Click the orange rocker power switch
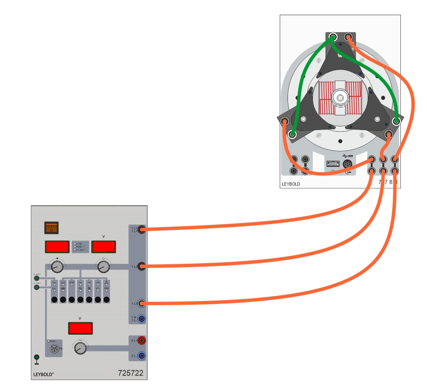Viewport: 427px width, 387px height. (x=52, y=227)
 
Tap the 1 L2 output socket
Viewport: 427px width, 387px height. (x=142, y=266)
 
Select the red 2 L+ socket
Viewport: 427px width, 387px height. (x=142, y=340)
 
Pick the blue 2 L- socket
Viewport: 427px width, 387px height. (x=142, y=355)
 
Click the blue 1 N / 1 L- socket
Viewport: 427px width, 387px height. (x=142, y=318)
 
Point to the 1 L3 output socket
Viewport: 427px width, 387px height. (x=142, y=303)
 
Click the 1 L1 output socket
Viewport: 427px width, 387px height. (x=142, y=229)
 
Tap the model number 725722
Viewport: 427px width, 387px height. (x=130, y=373)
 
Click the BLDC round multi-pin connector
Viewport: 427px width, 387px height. (x=54, y=349)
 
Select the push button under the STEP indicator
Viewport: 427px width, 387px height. (x=72, y=300)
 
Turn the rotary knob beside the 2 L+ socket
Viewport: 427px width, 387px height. (x=81, y=348)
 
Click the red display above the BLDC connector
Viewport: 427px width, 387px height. (x=80, y=328)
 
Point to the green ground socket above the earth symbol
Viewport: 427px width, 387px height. (x=37, y=357)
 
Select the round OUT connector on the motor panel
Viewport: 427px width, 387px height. (x=348, y=164)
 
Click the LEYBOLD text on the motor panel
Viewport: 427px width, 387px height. (x=291, y=184)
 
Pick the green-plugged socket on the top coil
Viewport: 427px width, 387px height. (x=333, y=37)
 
